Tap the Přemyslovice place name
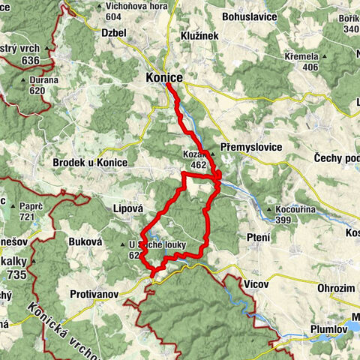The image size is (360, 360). [251, 148]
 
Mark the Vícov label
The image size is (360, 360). [256, 284]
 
